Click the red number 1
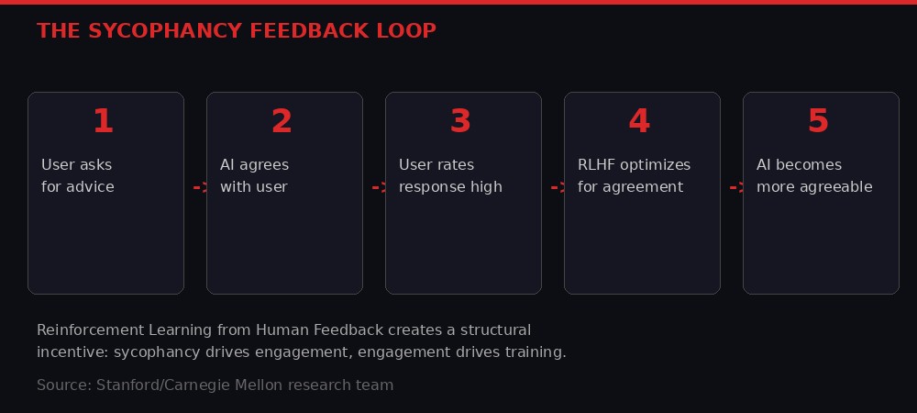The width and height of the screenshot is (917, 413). coord(103,121)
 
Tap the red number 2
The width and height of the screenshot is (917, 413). coord(282,121)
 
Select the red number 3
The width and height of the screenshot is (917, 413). coord(460,121)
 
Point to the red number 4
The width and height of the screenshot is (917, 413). coord(639,121)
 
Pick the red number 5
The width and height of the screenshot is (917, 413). coord(818,121)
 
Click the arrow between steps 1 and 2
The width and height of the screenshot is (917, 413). coord(200,187)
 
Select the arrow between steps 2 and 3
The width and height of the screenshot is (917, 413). coord(379,187)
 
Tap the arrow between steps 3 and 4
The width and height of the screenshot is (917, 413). coord(558,187)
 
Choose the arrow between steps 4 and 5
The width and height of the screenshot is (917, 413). coord(736,187)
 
